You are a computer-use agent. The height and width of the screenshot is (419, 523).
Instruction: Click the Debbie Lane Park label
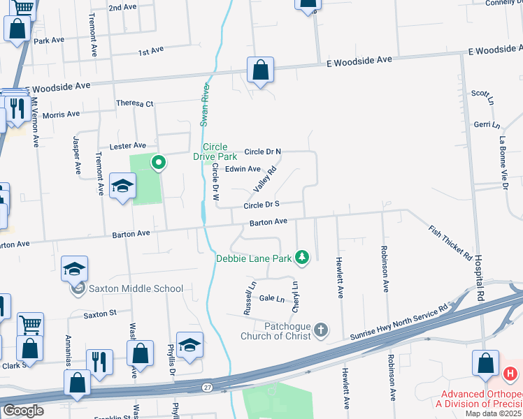252,258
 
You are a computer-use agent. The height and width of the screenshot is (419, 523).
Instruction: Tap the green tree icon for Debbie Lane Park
302,258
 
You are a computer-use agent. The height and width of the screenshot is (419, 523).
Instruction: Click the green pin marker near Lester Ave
159,163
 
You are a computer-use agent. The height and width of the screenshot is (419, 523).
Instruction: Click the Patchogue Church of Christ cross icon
321,330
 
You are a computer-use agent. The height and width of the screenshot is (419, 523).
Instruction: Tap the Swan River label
205,105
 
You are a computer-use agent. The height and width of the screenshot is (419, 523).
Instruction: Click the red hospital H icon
510,374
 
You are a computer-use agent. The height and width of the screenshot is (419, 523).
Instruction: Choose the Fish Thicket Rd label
450,242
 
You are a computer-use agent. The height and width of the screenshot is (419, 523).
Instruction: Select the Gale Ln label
271,299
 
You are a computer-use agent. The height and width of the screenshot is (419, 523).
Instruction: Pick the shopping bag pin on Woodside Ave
260,70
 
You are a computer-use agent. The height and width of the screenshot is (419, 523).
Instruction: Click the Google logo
22,411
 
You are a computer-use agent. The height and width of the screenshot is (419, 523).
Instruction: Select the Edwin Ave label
243,169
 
